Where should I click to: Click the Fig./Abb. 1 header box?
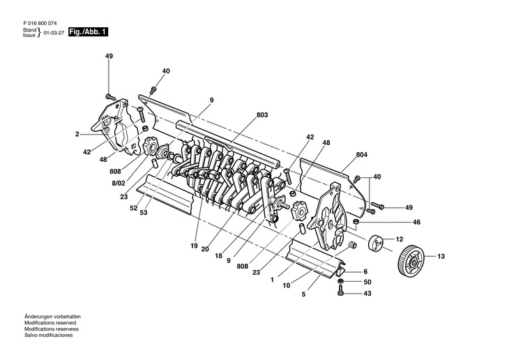coord(88,33)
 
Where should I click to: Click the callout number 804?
coord(361,154)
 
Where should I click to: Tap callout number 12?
coord(400,239)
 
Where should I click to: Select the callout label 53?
coord(144,213)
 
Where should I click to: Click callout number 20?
coord(205,249)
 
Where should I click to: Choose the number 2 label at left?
coord(77,133)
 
